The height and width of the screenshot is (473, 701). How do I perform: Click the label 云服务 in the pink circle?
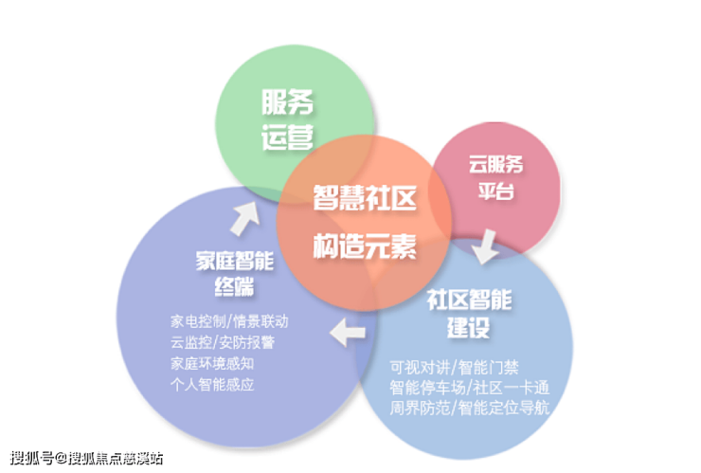(x=495, y=164)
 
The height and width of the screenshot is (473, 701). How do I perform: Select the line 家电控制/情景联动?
(x=229, y=320)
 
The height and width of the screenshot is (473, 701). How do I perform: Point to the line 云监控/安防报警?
(x=223, y=342)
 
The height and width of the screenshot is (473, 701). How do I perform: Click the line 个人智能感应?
(x=212, y=385)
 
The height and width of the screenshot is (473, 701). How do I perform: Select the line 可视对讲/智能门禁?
(x=454, y=367)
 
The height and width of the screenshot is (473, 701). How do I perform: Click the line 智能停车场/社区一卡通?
(x=470, y=388)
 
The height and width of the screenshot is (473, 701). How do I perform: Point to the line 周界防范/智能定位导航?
(x=470, y=409)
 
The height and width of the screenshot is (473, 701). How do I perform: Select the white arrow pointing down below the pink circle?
(x=486, y=246)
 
